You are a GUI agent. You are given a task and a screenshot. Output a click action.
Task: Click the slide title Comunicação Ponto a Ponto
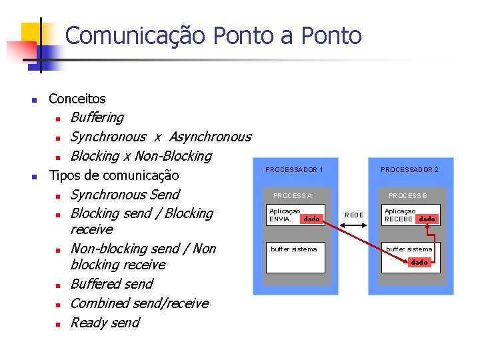click(x=213, y=35)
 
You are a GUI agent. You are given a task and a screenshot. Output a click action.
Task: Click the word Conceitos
click(x=77, y=99)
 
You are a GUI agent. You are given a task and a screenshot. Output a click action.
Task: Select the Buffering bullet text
click(x=97, y=117)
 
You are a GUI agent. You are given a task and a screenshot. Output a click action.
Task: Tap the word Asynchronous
click(x=210, y=137)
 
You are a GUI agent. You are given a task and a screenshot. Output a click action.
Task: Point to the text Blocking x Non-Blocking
click(x=141, y=156)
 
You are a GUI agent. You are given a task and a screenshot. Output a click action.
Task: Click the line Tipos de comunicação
click(x=114, y=175)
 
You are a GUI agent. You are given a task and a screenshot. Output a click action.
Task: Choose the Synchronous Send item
click(x=125, y=195)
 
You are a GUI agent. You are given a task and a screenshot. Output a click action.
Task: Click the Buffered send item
click(x=111, y=284)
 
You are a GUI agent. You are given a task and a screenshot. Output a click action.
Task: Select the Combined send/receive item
click(x=139, y=303)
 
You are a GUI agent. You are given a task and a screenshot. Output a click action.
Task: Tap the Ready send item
click(x=105, y=323)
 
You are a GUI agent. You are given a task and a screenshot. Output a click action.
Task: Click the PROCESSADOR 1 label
click(x=294, y=170)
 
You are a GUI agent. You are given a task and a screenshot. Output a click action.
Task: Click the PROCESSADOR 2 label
click(x=409, y=170)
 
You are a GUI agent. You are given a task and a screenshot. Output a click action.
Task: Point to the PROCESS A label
click(x=293, y=195)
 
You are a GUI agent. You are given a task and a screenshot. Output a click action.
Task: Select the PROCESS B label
click(x=408, y=195)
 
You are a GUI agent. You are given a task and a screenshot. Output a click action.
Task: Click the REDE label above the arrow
click(x=354, y=215)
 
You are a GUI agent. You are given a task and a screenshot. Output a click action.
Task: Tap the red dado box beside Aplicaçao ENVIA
click(x=311, y=219)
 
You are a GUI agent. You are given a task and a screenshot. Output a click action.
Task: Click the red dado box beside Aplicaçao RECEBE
click(x=427, y=219)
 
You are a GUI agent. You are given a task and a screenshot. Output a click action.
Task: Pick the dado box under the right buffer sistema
click(x=419, y=262)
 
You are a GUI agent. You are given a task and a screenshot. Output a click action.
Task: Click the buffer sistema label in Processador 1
click(x=294, y=249)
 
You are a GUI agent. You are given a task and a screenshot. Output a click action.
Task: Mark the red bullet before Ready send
click(x=58, y=324)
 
